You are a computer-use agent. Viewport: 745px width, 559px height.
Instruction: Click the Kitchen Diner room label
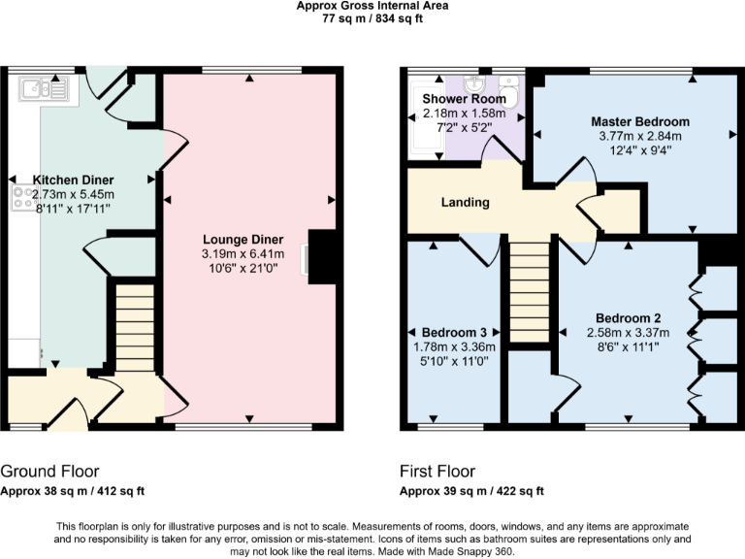click(74, 180)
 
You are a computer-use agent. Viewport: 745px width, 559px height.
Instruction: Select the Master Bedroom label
click(640, 122)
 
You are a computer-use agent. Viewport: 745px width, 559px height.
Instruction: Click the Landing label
click(466, 203)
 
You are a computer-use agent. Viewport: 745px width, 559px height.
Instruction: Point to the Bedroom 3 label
click(456, 332)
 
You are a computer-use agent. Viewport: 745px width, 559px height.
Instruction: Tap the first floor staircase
click(530, 291)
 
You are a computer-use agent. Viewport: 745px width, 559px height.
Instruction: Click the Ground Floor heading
click(49, 472)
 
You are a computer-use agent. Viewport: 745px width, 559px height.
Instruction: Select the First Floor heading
click(437, 472)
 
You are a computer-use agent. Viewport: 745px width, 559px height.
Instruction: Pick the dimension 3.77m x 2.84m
click(640, 136)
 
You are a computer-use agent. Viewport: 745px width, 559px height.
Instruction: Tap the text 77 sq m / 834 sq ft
click(372, 18)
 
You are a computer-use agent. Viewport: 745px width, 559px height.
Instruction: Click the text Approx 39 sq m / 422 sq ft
click(471, 490)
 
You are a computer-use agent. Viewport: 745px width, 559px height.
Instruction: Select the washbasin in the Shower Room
click(478, 82)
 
